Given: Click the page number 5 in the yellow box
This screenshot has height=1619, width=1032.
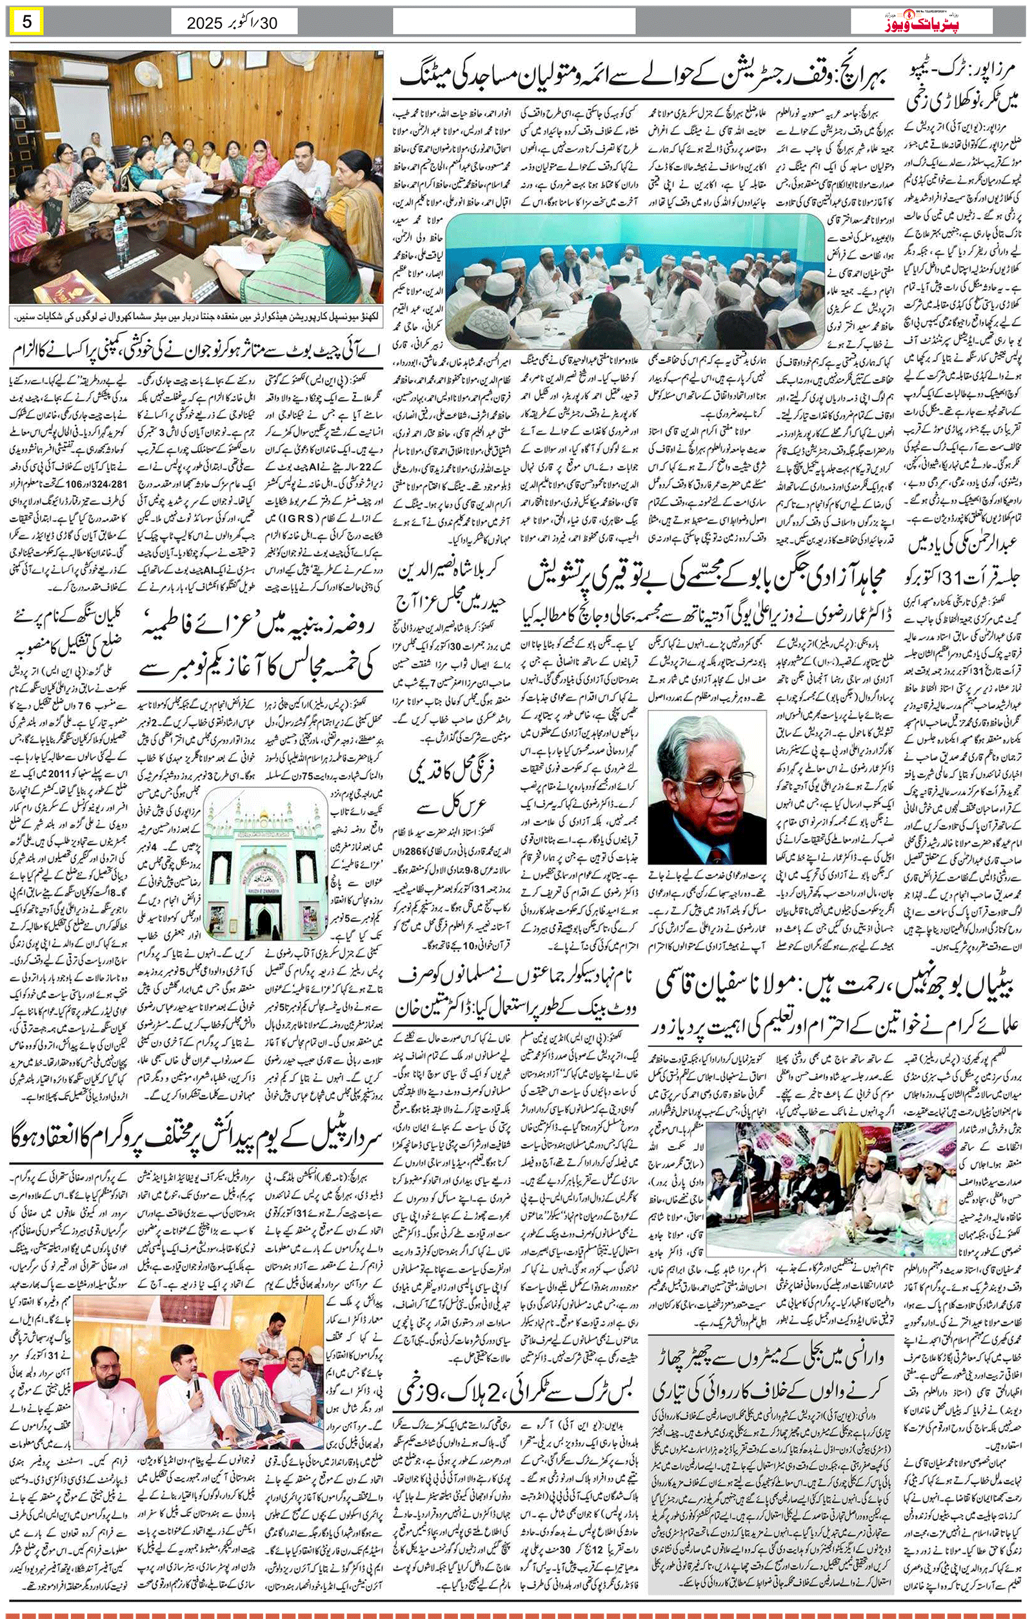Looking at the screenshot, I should point(27,22).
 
